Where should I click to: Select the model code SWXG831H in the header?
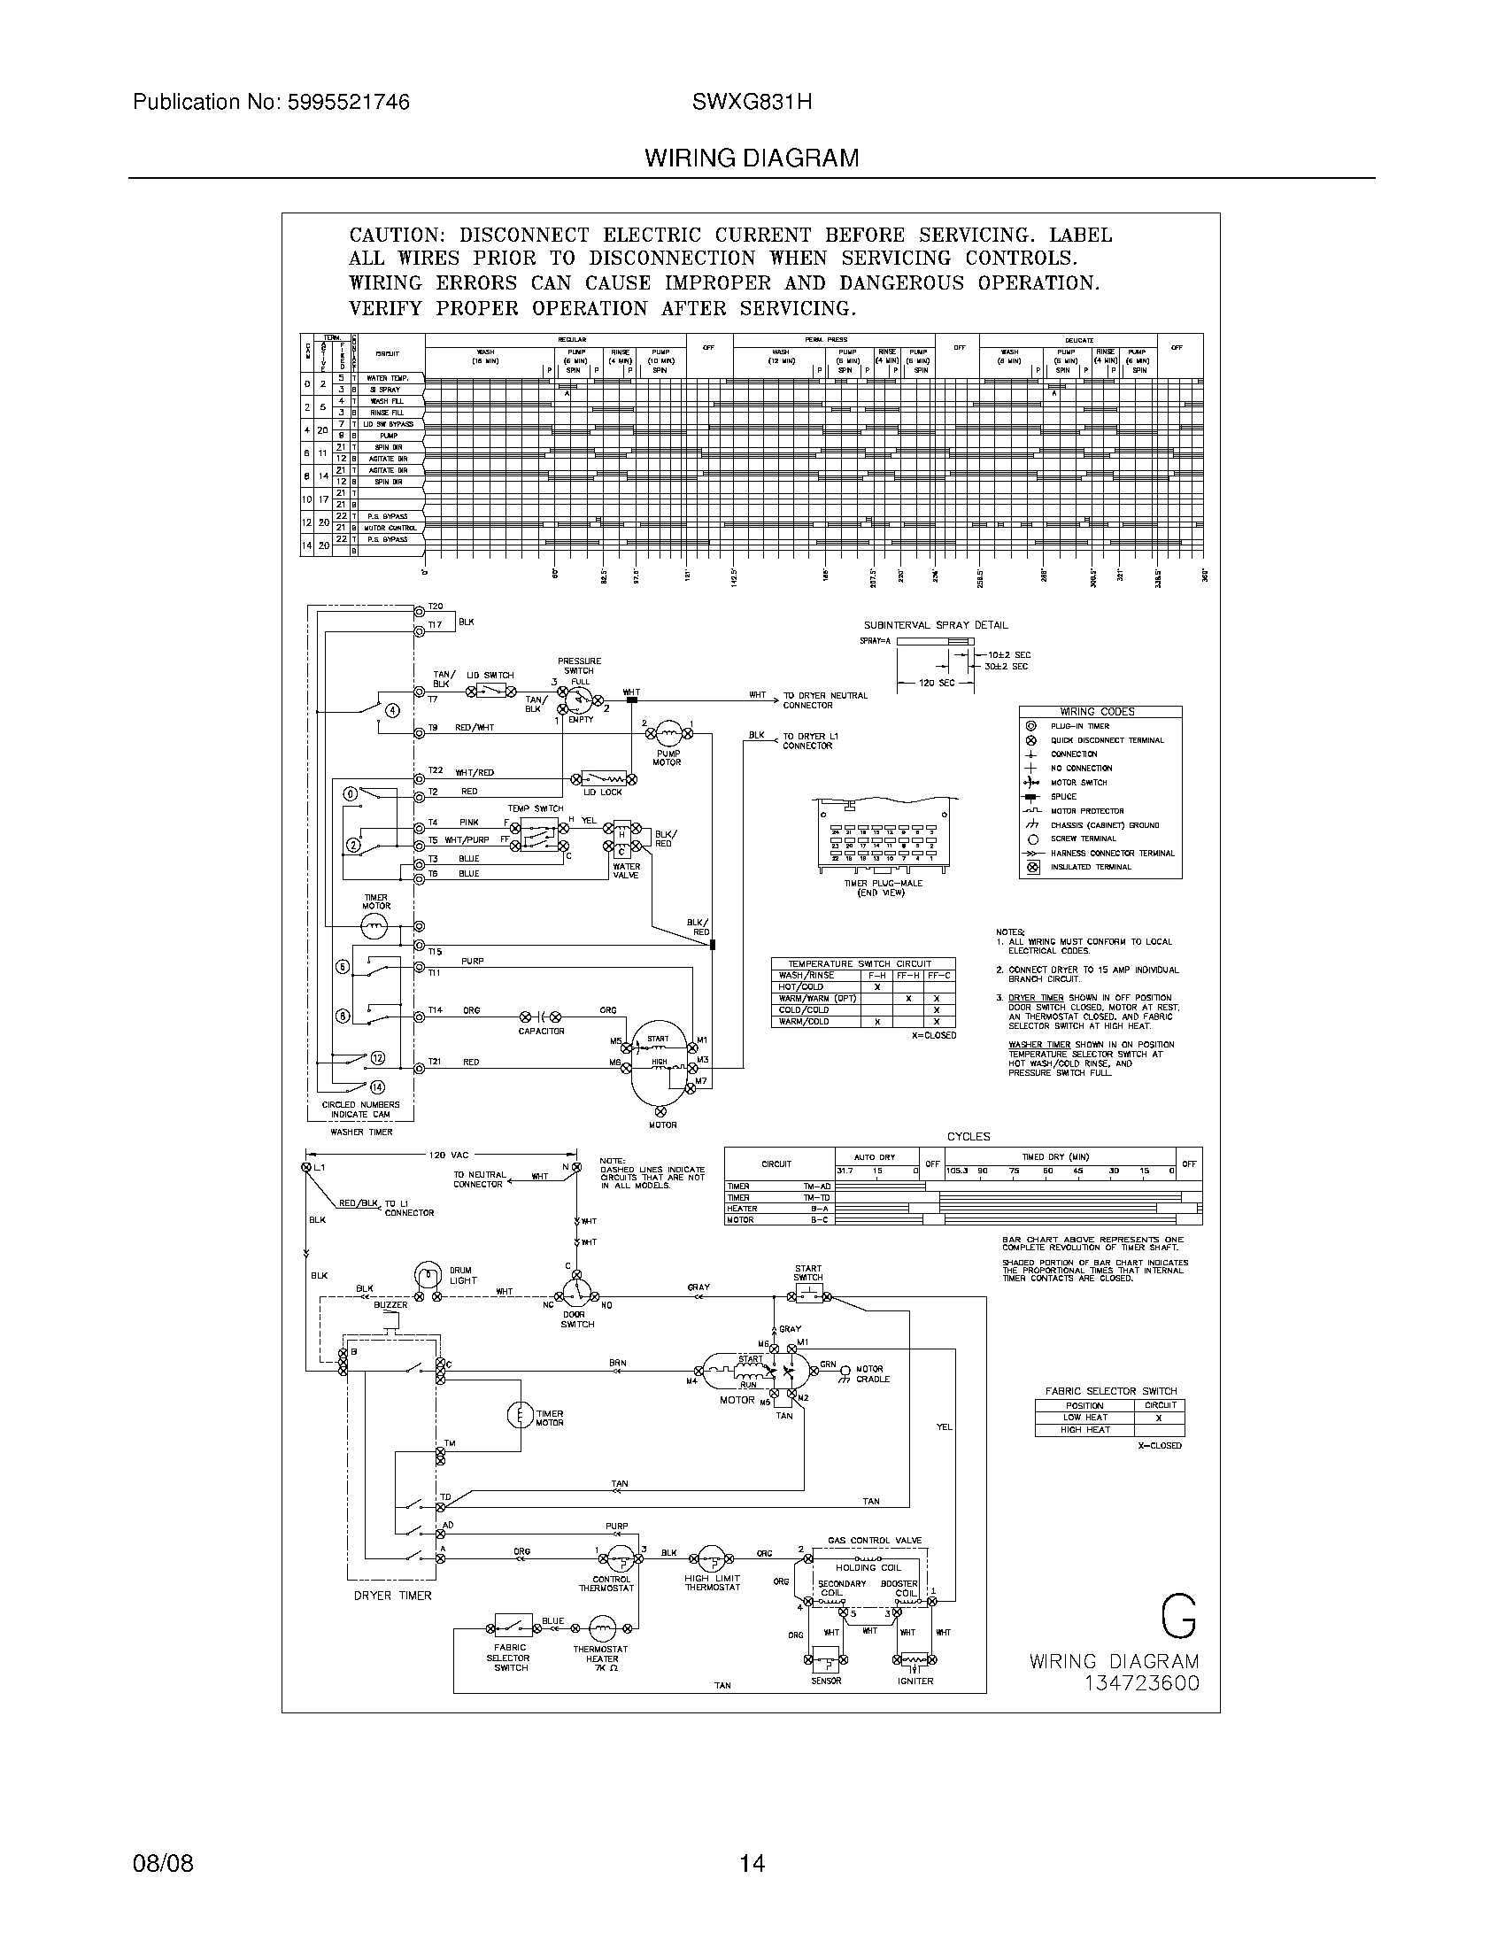click(751, 103)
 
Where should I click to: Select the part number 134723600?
click(1141, 1683)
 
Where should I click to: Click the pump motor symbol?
click(668, 733)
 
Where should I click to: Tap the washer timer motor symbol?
click(375, 928)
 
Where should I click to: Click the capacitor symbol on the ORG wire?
click(541, 1016)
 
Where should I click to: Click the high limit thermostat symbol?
click(712, 1559)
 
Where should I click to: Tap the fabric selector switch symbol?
click(512, 1624)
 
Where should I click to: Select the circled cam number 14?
click(377, 1086)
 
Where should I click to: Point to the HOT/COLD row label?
click(801, 986)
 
